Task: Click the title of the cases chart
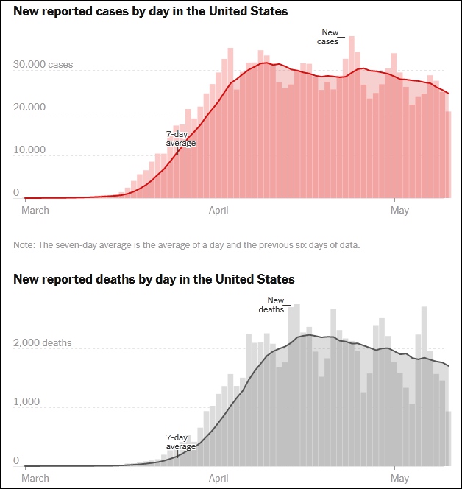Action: pyautogui.click(x=151, y=12)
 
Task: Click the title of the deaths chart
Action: pyautogui.click(x=154, y=279)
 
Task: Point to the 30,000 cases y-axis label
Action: pyautogui.click(x=43, y=66)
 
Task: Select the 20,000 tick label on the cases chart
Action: pyautogui.click(x=29, y=108)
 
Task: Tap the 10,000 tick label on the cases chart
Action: pyautogui.click(x=29, y=150)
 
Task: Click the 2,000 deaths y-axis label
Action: pyautogui.click(x=43, y=343)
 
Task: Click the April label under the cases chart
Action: pyautogui.click(x=218, y=211)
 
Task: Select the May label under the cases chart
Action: pyautogui.click(x=399, y=211)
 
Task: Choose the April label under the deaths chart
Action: pyautogui.click(x=218, y=477)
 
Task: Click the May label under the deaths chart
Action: pyautogui.click(x=399, y=477)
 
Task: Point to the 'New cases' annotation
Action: pyautogui.click(x=329, y=37)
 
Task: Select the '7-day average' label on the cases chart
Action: pyautogui.click(x=181, y=138)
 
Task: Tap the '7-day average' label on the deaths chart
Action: pyautogui.click(x=181, y=442)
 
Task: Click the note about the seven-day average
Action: pyautogui.click(x=187, y=245)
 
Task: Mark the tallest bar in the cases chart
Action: pyautogui.click(x=351, y=118)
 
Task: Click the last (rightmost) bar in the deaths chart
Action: pyautogui.click(x=448, y=439)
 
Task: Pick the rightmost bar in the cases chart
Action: pyautogui.click(x=448, y=155)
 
